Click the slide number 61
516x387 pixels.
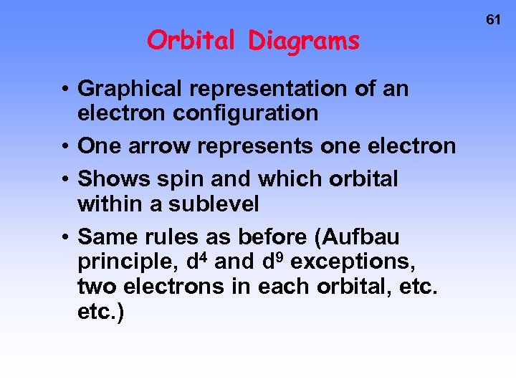[493, 20]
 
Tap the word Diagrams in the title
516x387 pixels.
[304, 42]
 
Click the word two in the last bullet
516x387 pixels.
[97, 287]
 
